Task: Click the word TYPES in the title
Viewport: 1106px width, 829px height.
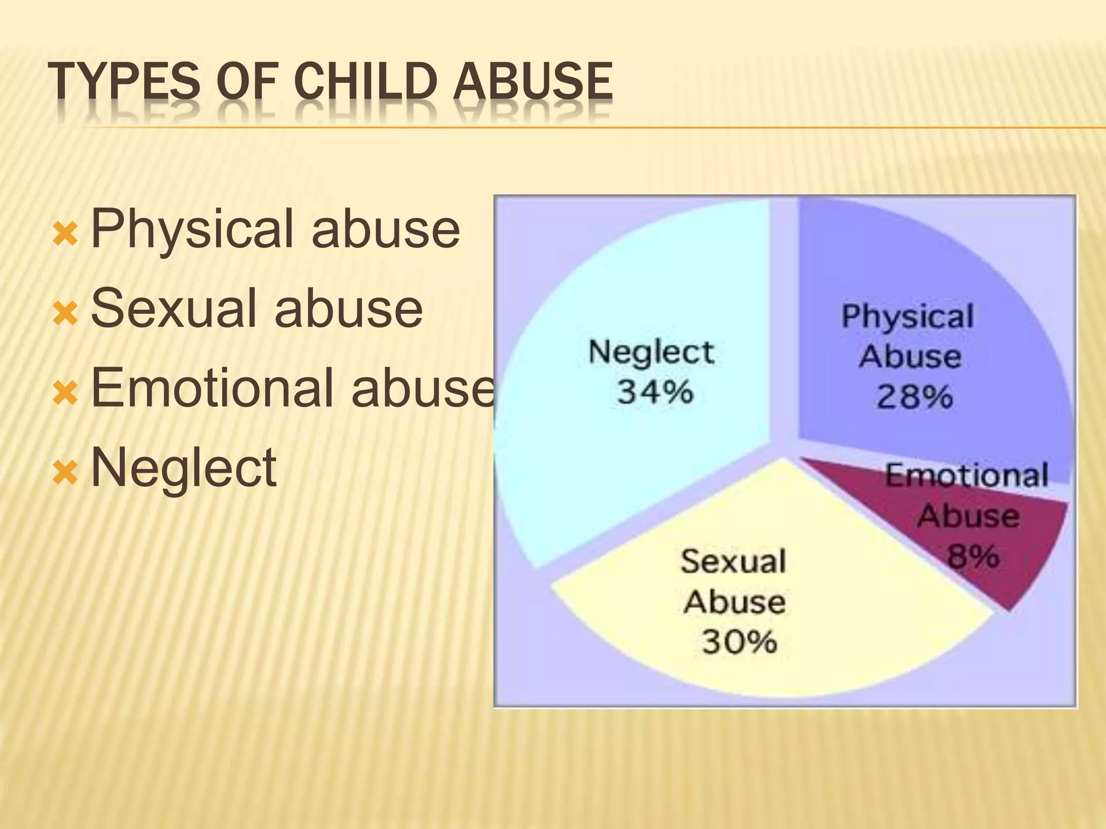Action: tap(124, 81)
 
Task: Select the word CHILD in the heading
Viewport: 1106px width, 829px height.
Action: tap(367, 81)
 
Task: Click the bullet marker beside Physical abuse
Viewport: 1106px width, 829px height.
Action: tap(65, 234)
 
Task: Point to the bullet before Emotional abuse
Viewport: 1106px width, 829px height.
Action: tap(65, 392)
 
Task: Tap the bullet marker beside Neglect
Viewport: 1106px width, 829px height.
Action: tap(65, 472)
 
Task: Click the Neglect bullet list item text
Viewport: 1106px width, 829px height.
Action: tap(184, 467)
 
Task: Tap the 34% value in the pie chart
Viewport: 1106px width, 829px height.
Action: tap(655, 392)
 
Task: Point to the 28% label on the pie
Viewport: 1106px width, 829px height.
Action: tap(914, 397)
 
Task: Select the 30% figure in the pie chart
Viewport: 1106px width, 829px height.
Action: tap(739, 642)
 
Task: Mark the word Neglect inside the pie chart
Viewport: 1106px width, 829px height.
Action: tap(651, 353)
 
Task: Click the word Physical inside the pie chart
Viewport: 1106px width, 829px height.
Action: tap(907, 317)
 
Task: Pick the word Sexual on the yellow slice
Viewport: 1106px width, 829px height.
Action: tap(733, 561)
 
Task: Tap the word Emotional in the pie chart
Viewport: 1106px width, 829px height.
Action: tap(966, 476)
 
